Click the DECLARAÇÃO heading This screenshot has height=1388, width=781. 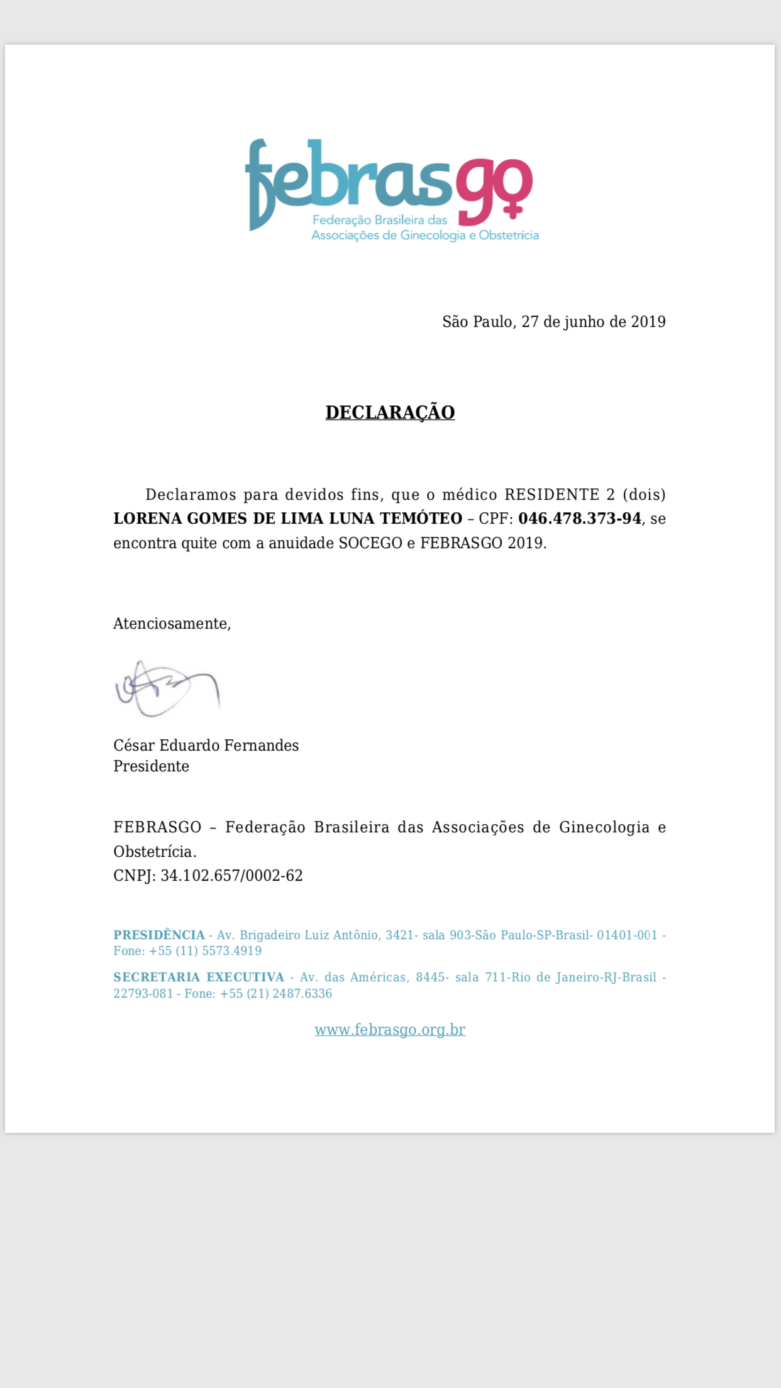coord(390,412)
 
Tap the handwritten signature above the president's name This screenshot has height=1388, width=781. coord(167,689)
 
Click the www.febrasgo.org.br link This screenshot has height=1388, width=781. coord(390,1030)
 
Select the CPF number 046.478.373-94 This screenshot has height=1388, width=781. coord(580,519)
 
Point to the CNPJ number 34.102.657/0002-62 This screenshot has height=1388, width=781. coord(231,876)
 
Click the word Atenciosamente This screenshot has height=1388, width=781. coord(171,624)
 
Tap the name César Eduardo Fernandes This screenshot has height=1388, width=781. coord(206,746)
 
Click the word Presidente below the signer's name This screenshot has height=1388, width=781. coord(151,766)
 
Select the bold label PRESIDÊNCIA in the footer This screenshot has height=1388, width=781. coord(159,935)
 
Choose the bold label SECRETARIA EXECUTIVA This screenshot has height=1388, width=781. coord(199,978)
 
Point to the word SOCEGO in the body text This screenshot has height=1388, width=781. coord(370,543)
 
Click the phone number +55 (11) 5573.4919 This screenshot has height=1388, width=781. coord(205,951)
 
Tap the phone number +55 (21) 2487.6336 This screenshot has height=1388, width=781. coord(276,994)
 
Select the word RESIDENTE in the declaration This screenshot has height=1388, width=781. coord(551,495)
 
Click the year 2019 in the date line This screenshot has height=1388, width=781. coord(648,322)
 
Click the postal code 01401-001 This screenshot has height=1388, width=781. coord(627,935)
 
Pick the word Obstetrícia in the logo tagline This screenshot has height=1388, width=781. coord(509,236)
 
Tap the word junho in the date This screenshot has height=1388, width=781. coord(582,322)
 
